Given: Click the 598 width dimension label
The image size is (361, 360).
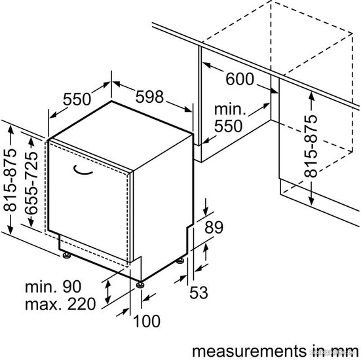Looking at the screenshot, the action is [x=149, y=97].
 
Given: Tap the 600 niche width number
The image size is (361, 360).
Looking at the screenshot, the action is [x=240, y=79].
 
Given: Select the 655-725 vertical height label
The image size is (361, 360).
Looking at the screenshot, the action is [x=31, y=183].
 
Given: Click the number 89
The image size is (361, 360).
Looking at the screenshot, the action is [x=214, y=227].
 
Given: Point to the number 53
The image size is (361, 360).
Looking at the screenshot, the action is [x=199, y=292].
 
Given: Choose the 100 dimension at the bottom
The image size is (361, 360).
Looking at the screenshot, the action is [x=147, y=321].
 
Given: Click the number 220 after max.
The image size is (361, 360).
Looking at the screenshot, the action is [x=81, y=304].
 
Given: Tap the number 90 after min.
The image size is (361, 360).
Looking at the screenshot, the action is [x=72, y=287].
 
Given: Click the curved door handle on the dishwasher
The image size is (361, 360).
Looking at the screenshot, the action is [x=83, y=171].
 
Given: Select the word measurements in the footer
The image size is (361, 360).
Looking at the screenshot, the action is [x=250, y=351].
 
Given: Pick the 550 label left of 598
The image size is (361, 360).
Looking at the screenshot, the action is [x=77, y=99].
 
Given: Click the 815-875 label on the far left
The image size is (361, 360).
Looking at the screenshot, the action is [x=10, y=180].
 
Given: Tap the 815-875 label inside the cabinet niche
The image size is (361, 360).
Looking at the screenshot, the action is [x=311, y=147].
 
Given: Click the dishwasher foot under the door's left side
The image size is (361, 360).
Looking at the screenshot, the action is [x=67, y=255].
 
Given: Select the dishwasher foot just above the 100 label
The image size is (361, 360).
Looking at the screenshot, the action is [x=140, y=285].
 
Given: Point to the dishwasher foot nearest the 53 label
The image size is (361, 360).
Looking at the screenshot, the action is [x=180, y=261].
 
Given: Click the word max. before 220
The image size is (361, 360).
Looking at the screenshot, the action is [x=41, y=304].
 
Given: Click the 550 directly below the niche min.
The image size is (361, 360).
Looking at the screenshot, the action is [x=228, y=126].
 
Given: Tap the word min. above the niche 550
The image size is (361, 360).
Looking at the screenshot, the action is [x=230, y=109].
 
